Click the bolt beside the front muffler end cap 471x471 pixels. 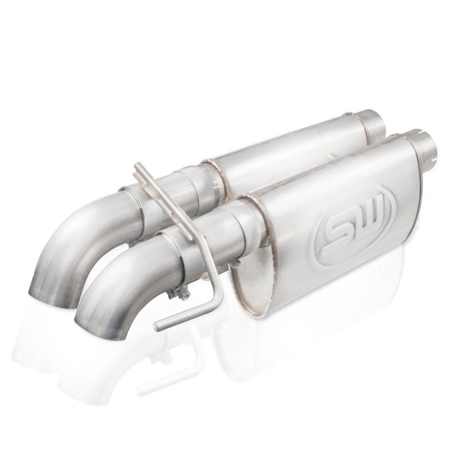point(234,264)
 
